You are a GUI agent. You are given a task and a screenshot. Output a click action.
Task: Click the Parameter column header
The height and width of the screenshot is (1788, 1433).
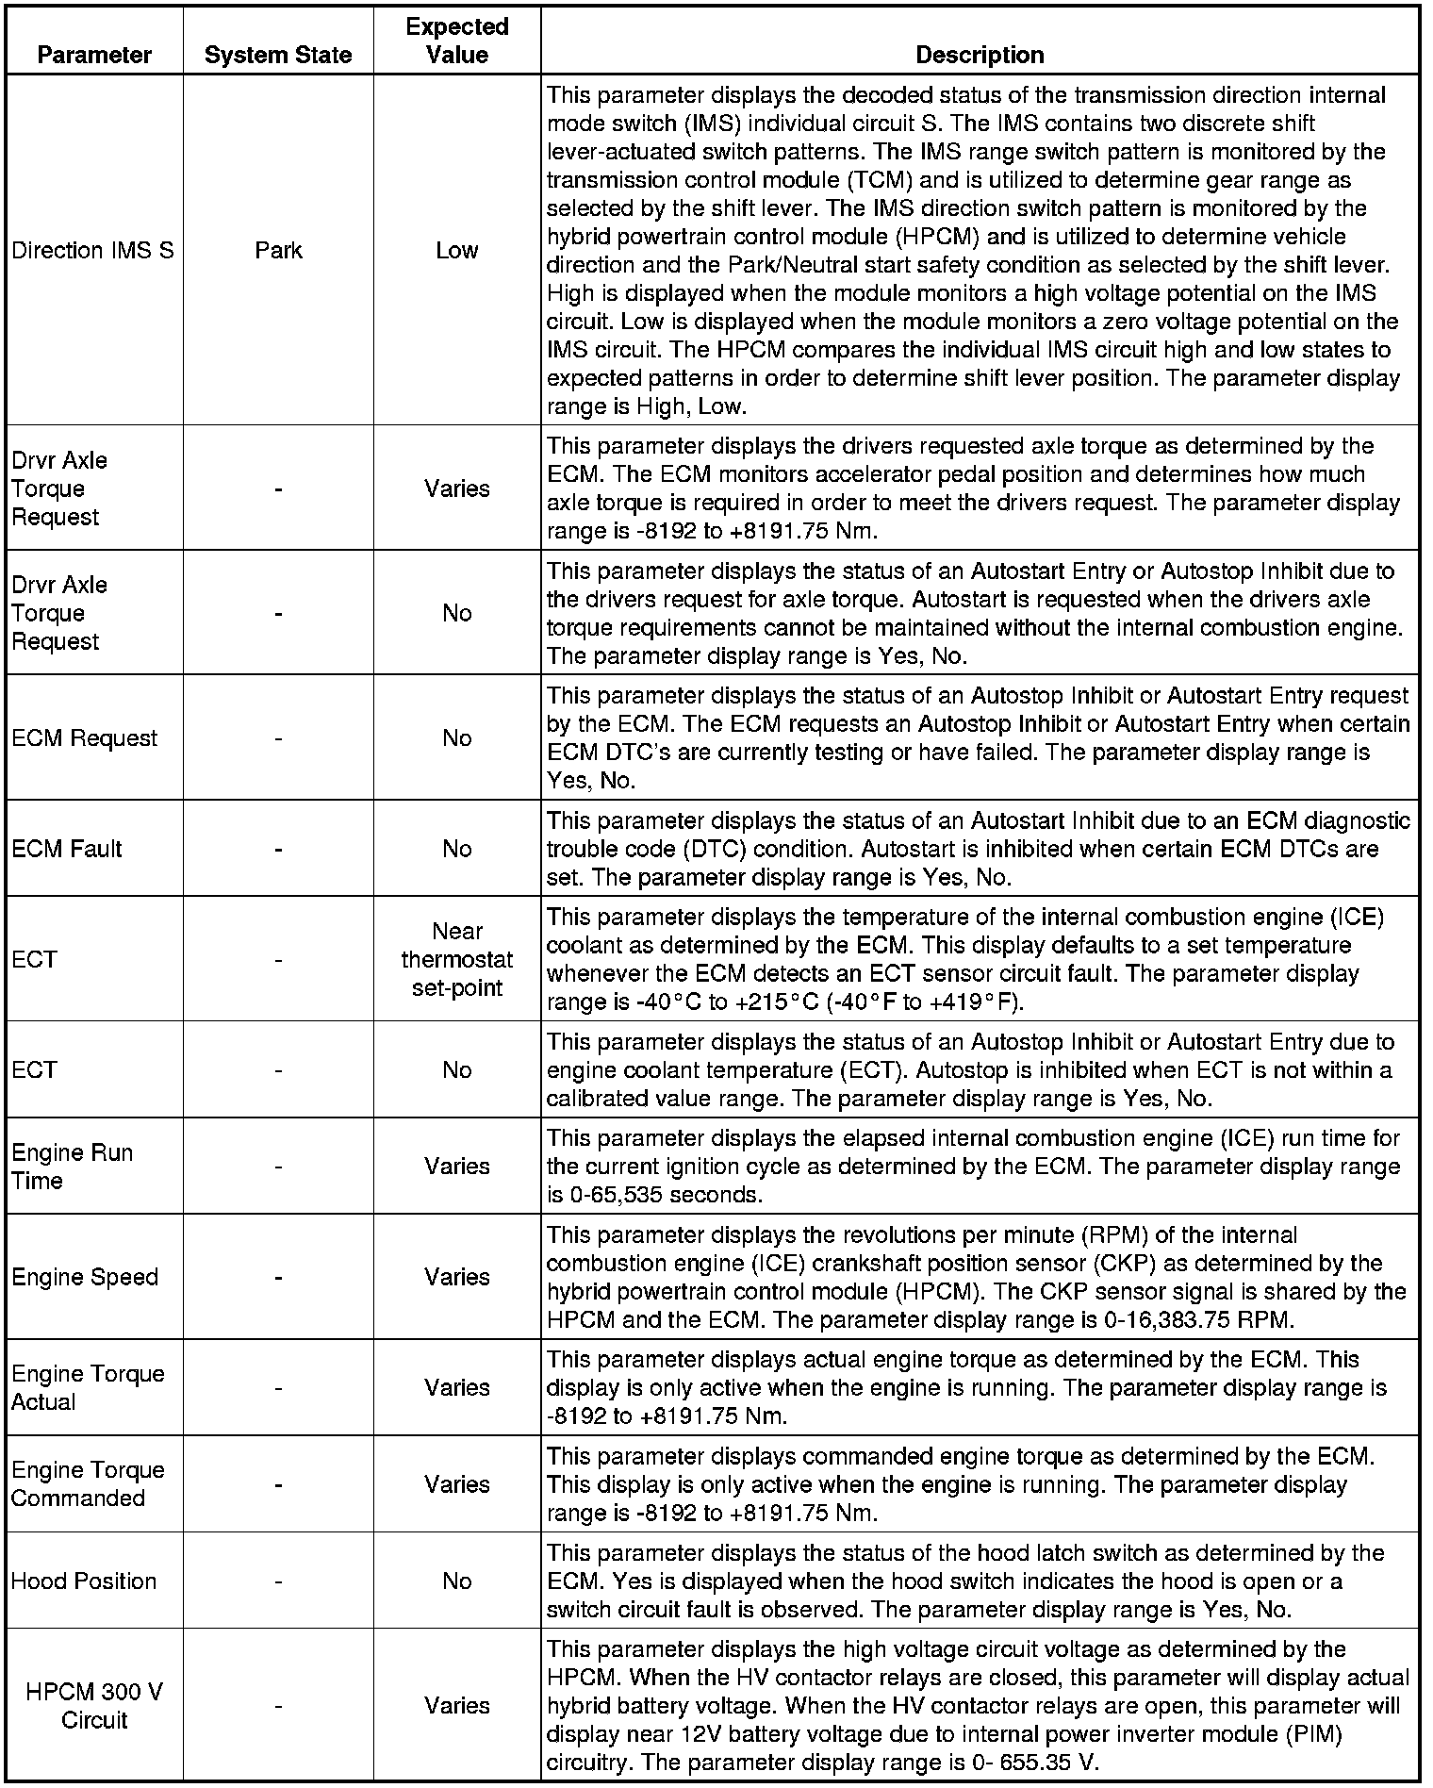click(x=94, y=55)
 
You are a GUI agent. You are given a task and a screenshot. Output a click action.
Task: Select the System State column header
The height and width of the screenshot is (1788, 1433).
click(x=278, y=55)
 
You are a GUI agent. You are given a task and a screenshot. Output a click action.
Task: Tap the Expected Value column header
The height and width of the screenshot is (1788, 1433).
click(x=457, y=41)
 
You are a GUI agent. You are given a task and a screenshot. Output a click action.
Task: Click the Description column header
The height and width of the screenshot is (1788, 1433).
click(x=980, y=55)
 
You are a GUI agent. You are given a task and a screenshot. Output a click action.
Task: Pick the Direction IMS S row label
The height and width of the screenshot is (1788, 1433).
click(x=92, y=250)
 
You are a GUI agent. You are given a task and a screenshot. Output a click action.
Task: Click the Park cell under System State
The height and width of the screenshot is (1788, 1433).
click(x=278, y=250)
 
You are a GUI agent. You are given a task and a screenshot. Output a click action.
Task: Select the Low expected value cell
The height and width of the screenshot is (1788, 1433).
click(x=457, y=250)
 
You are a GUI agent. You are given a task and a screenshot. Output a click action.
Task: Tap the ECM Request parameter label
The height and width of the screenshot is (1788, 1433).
click(x=84, y=737)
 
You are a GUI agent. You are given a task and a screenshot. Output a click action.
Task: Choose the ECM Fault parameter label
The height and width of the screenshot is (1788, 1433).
click(x=67, y=849)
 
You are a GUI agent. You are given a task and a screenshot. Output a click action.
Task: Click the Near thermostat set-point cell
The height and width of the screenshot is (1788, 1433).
click(x=457, y=959)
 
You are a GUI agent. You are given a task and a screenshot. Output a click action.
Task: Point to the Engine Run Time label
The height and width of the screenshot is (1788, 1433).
click(x=72, y=1167)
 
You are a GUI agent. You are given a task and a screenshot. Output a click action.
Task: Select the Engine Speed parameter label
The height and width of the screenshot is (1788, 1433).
click(x=85, y=1277)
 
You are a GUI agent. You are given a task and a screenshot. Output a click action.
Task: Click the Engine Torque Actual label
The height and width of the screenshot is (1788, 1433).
click(x=88, y=1387)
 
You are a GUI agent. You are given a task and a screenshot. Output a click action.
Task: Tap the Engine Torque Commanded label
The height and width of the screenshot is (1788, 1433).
click(x=88, y=1483)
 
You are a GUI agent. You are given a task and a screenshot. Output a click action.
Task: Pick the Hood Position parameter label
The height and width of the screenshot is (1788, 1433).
click(x=84, y=1581)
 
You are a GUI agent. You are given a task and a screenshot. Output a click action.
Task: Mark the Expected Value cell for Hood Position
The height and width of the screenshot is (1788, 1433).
click(x=457, y=1581)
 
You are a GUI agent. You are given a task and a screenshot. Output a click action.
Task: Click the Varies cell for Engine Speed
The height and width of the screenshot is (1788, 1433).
click(x=457, y=1277)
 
